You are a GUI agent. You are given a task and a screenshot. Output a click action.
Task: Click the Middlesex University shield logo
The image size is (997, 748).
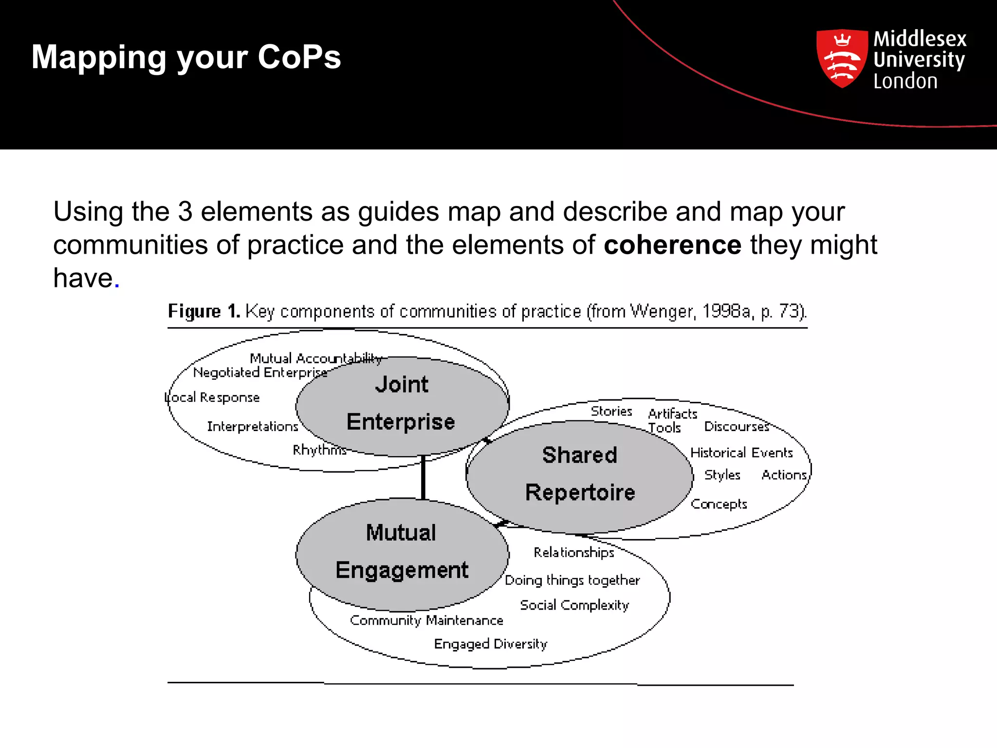point(842,58)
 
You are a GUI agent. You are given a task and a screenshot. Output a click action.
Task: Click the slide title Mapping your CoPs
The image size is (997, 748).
point(186,57)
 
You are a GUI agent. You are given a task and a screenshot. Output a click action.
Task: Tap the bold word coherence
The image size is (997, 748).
point(672,244)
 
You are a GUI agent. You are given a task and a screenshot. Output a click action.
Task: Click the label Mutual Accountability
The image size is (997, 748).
point(315,358)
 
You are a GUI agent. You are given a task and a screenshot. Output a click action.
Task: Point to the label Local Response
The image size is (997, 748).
point(212,397)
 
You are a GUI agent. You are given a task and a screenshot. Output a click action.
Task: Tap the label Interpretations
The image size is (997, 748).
point(252,427)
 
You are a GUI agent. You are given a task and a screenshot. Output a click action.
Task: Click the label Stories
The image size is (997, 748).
point(611,411)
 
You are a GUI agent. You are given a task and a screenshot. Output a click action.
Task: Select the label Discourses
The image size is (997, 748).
point(736,427)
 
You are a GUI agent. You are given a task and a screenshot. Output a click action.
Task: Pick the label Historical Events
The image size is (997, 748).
point(741,452)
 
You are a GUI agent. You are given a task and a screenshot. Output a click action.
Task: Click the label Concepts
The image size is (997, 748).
point(719,504)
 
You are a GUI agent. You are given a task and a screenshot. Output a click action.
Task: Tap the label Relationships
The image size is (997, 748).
point(573,552)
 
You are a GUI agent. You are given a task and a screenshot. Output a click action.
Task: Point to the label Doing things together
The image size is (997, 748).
point(572,580)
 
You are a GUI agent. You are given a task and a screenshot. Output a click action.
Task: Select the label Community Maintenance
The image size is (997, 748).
point(426,620)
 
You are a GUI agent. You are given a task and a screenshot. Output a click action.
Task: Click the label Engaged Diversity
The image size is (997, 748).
point(490,644)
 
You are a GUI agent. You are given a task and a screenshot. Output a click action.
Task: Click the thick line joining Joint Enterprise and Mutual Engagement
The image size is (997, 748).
point(423,477)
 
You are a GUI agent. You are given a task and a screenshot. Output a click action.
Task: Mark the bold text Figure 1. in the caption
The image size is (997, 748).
point(203,311)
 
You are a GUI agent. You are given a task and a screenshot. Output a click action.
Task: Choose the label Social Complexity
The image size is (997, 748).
point(574,605)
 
